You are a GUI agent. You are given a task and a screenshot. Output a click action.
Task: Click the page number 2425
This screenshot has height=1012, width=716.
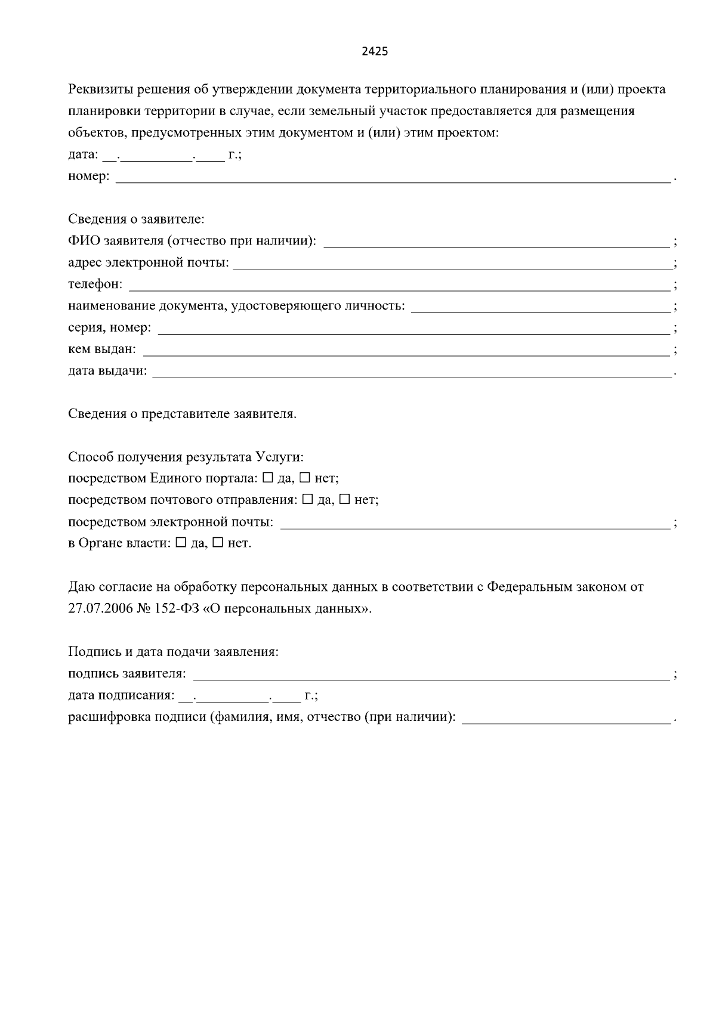pyautogui.click(x=375, y=51)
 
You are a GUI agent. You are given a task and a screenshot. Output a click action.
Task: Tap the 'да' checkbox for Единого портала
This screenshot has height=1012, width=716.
pyautogui.click(x=267, y=478)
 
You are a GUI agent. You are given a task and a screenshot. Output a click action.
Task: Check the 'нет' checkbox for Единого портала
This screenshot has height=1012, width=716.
pyautogui.click(x=304, y=478)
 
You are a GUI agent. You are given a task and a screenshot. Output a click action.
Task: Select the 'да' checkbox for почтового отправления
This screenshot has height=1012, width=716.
pyautogui.click(x=307, y=500)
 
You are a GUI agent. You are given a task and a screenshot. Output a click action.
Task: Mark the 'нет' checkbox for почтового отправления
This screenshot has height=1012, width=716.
pyautogui.click(x=344, y=500)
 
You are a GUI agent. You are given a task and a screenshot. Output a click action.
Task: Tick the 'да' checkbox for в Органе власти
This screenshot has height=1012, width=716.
pyautogui.click(x=181, y=543)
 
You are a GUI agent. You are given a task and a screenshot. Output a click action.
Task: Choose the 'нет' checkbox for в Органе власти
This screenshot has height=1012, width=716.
pyautogui.click(x=218, y=543)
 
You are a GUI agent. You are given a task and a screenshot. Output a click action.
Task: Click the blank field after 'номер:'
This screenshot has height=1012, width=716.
pyautogui.click(x=393, y=178)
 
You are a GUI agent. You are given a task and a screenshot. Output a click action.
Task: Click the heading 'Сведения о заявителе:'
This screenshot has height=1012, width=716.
pyautogui.click(x=136, y=219)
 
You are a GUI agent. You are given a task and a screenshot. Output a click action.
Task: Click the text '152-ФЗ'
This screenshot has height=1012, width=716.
pyautogui.click(x=168, y=609)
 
